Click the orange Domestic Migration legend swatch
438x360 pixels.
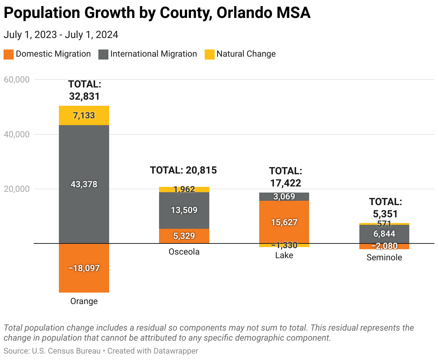click(9, 54)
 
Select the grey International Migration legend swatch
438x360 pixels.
click(103, 54)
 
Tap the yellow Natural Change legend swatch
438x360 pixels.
click(210, 54)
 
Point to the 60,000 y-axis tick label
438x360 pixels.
click(17, 80)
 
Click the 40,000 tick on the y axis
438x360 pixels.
click(17, 134)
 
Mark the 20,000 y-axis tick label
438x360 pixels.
click(17, 189)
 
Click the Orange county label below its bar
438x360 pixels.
click(84, 301)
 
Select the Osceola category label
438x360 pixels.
click(184, 252)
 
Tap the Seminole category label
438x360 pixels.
click(384, 257)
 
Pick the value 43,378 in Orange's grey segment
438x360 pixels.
click(84, 184)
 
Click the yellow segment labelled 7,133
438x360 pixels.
click(84, 115)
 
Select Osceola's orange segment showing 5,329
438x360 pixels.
click(184, 236)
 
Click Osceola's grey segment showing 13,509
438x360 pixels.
click(184, 210)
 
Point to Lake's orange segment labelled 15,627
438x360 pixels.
click(284, 222)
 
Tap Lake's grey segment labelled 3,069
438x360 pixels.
click(284, 196)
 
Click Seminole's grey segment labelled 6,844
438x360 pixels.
click(384, 234)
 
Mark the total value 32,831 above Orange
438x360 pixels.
click(84, 96)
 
